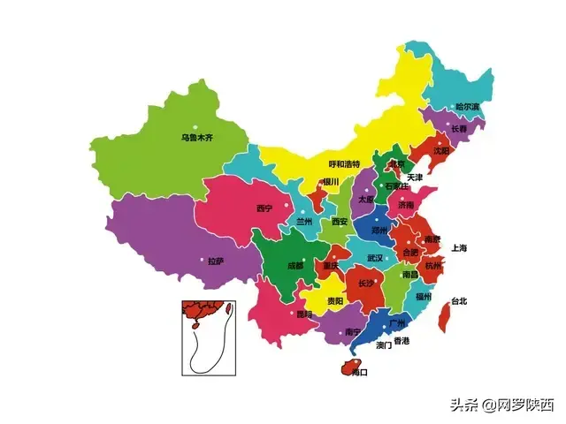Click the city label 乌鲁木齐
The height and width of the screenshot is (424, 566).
[197, 138]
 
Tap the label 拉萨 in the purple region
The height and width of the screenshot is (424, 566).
[216, 261]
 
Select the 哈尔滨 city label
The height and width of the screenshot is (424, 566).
[467, 107]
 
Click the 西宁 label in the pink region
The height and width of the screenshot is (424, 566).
[264, 208]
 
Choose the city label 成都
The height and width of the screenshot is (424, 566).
[294, 265]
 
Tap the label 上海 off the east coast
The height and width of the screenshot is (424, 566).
[459, 247]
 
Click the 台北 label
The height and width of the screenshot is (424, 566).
[458, 301]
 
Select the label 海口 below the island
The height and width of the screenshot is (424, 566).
[359, 373]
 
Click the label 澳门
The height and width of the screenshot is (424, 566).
[383, 344]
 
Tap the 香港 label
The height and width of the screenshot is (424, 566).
[402, 341]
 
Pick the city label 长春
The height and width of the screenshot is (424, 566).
[460, 129]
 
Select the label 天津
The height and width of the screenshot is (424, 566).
[415, 178]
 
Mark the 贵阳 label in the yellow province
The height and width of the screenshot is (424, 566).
[335, 301]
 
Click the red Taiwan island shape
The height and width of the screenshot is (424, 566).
[444, 317]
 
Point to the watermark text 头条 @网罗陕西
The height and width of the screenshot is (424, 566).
[501, 405]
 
